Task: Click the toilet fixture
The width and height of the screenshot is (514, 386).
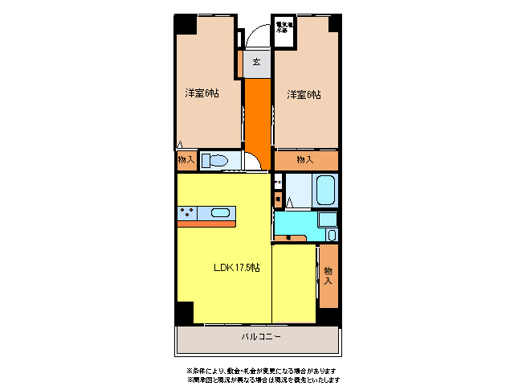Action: pyautogui.click(x=214, y=161)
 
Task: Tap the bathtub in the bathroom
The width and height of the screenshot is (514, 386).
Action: pyautogui.click(x=324, y=191)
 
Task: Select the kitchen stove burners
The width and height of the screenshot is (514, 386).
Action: pyautogui.click(x=188, y=213)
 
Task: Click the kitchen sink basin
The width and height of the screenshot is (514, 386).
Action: pyautogui.click(x=221, y=213)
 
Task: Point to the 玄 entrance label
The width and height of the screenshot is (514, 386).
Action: pyautogui.click(x=256, y=62)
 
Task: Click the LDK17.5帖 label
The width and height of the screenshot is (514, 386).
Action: pyautogui.click(x=235, y=267)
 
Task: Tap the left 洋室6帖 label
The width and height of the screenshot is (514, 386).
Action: pyautogui.click(x=202, y=93)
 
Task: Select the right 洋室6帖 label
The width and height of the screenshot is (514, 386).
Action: pyautogui.click(x=304, y=94)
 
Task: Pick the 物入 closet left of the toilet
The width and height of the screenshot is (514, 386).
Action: pyautogui.click(x=186, y=161)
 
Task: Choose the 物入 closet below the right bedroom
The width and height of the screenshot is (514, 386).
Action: pyautogui.click(x=305, y=160)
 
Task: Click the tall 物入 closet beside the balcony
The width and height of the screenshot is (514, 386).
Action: pyautogui.click(x=328, y=275)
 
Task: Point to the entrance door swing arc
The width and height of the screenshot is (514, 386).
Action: pyautogui.click(x=259, y=37)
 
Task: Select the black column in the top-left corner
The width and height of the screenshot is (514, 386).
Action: pyautogui.click(x=185, y=24)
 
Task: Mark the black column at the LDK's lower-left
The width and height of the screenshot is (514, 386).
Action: pyautogui.click(x=185, y=313)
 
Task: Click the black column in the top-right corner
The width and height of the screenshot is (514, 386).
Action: pyautogui.click(x=333, y=23)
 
